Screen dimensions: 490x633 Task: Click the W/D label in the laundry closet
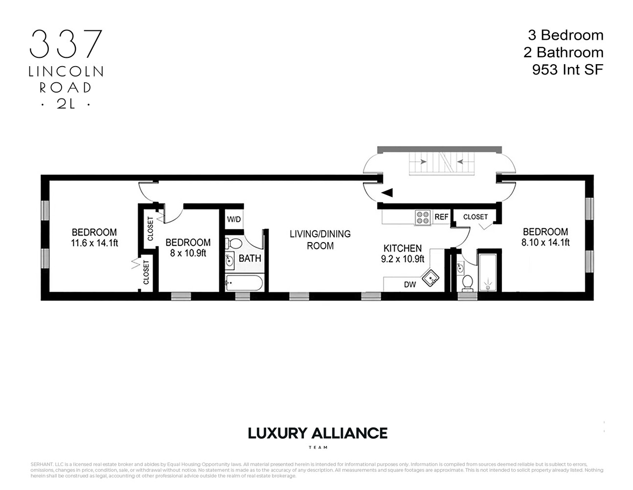pos(234,219)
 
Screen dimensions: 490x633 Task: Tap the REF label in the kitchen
pos(441,217)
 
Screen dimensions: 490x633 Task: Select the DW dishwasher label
pos(409,284)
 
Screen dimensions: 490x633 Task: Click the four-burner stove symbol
pos(422,217)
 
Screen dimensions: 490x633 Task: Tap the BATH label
pos(249,258)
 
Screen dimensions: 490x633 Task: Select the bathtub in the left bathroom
pos(244,283)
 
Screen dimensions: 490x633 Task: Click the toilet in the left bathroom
pos(235,244)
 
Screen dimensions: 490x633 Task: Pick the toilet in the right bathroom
pos(467,283)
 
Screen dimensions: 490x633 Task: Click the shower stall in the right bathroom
pos(487,272)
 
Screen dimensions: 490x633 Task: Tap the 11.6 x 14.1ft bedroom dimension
pos(94,243)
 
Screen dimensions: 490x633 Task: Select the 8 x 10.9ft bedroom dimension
pos(188,253)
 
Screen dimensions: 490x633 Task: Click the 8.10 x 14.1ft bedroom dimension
pos(545,242)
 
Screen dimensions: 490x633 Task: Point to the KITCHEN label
pos(403,248)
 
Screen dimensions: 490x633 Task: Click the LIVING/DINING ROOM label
pos(320,240)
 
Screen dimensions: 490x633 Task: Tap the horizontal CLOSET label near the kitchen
pos(475,217)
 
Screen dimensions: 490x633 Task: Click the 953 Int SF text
pos(567,70)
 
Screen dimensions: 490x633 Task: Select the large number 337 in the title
pos(66,44)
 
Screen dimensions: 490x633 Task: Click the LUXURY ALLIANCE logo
pos(317,433)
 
